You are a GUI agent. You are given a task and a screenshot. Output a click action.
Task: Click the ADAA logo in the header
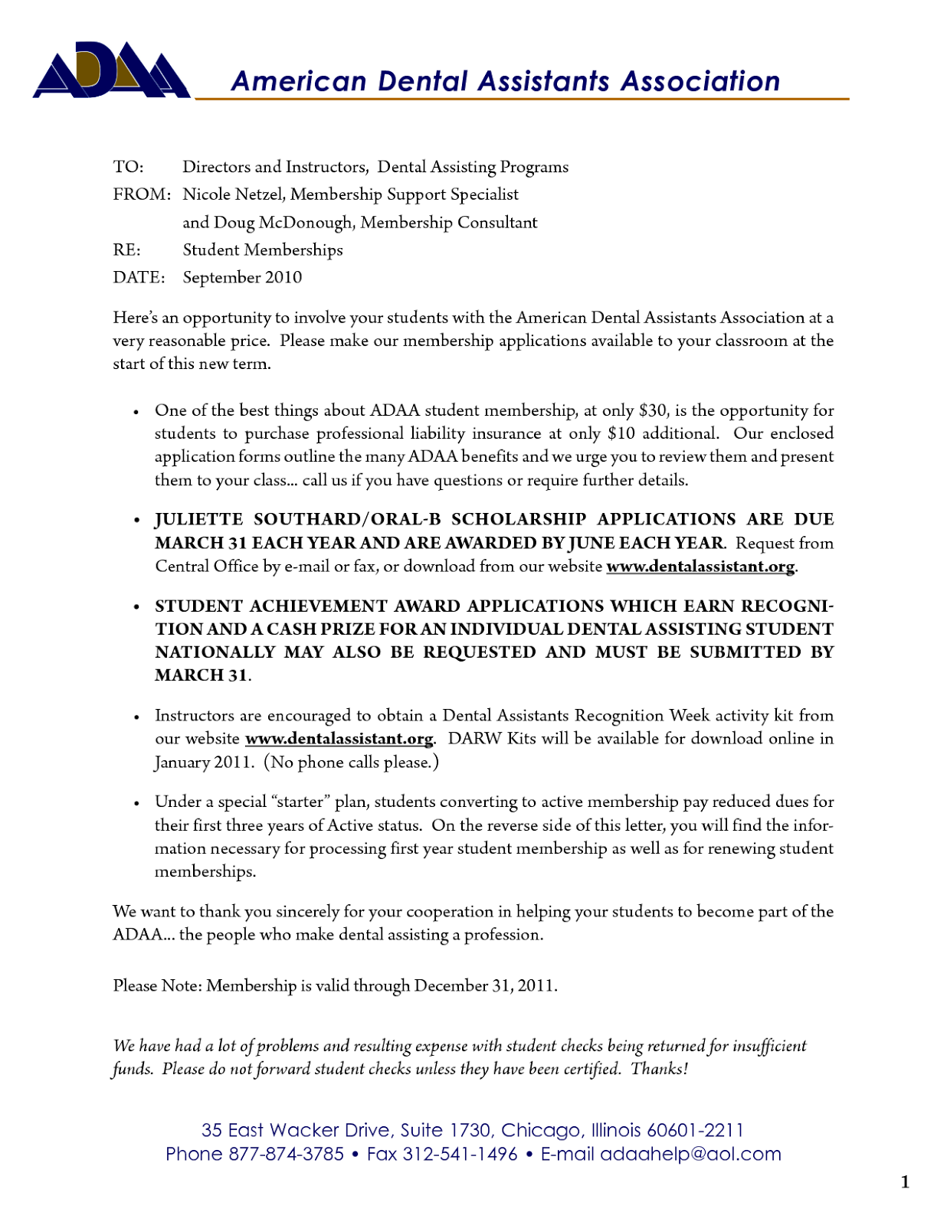pyautogui.click(x=111, y=70)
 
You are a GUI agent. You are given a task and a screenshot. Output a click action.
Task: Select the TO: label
pyautogui.click(x=129, y=167)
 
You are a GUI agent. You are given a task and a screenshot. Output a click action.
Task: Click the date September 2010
pyautogui.click(x=242, y=278)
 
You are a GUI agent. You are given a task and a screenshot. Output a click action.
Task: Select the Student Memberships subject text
pyautogui.click(x=263, y=250)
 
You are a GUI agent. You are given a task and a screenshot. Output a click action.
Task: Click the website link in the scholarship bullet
pyautogui.click(x=700, y=567)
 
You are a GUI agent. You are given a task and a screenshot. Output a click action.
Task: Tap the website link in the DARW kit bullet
pyautogui.click(x=339, y=739)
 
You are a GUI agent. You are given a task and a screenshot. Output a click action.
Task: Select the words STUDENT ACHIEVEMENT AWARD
pyautogui.click(x=310, y=606)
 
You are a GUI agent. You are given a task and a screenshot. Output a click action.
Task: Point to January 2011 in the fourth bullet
pyautogui.click(x=203, y=763)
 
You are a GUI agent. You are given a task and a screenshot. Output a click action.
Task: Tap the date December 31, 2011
pyautogui.click(x=485, y=985)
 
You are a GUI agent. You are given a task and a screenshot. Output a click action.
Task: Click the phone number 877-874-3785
pyautogui.click(x=286, y=1154)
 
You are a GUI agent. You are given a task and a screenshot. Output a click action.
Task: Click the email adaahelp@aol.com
pyautogui.click(x=690, y=1154)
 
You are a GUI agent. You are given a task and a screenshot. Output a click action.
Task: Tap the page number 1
pyautogui.click(x=905, y=1183)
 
